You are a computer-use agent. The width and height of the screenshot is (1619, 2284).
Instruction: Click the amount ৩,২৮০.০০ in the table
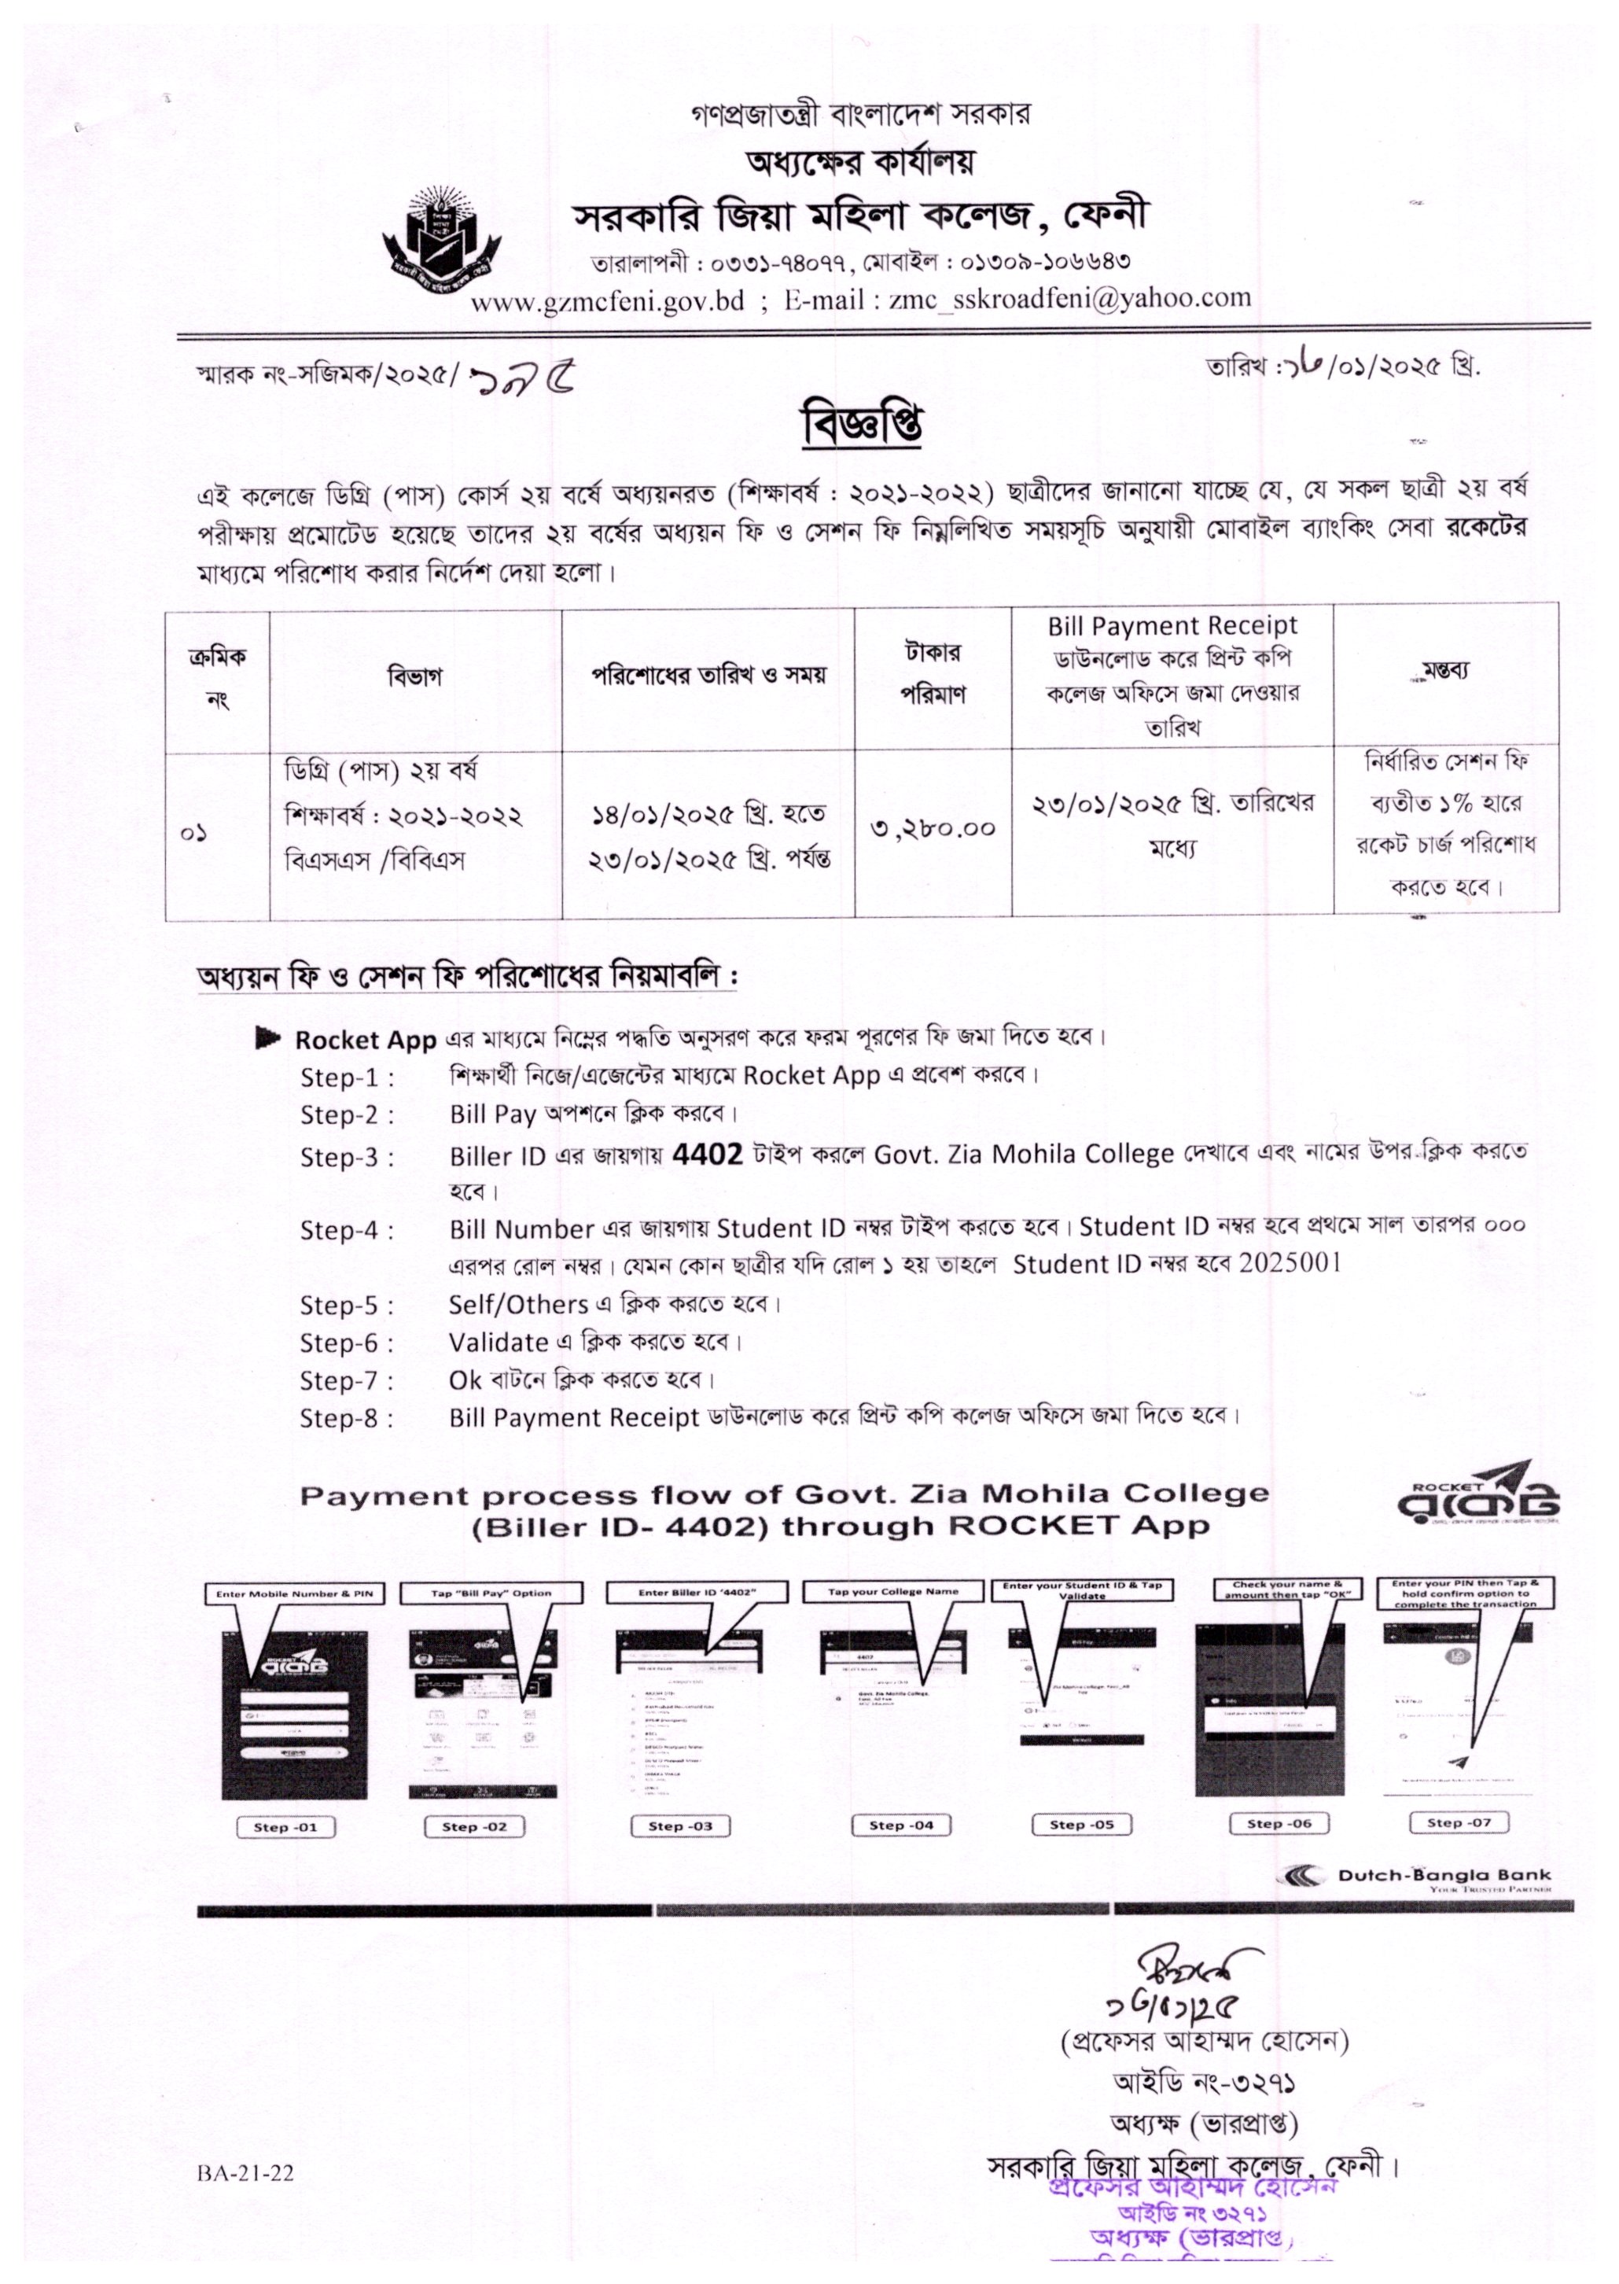tap(932, 827)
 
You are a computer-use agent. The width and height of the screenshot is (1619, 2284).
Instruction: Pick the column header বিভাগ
tap(414, 678)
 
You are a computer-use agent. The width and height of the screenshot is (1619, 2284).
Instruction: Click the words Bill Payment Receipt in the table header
tap(1172, 626)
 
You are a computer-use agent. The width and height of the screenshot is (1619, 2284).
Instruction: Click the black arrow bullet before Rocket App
tap(267, 1039)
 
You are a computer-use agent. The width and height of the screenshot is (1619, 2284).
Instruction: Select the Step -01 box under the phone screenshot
tap(285, 1827)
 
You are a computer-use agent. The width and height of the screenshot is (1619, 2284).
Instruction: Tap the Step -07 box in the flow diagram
tap(1459, 1822)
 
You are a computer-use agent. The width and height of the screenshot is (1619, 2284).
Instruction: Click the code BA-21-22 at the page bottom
tap(245, 2173)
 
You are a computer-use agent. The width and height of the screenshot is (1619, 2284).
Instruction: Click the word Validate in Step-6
tap(499, 1343)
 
